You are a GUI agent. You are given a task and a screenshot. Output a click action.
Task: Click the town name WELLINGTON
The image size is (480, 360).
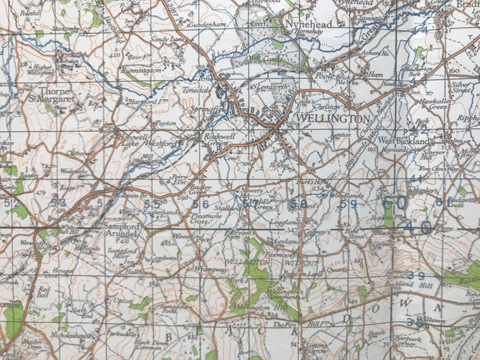[333, 119]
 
